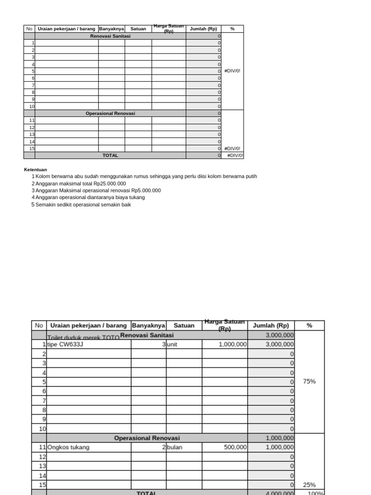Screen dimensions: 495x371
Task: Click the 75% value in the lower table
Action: tap(309, 381)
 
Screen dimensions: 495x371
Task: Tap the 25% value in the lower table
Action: tap(309, 485)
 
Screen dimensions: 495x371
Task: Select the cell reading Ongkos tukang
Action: tap(69, 448)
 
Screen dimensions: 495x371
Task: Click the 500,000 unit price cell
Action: tap(235, 448)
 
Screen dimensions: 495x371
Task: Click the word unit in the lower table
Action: tap(173, 345)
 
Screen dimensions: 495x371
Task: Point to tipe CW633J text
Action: tap(65, 345)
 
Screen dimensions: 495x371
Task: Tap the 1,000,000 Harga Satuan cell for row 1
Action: tap(232, 345)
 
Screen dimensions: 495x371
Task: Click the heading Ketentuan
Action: tap(35, 170)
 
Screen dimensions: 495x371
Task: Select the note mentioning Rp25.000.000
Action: tap(81, 184)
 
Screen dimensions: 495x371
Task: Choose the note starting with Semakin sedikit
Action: tap(83, 204)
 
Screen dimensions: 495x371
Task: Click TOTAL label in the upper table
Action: tap(110, 156)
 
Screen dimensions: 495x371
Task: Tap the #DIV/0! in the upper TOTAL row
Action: tap(235, 156)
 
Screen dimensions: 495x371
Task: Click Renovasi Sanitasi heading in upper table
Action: tap(110, 36)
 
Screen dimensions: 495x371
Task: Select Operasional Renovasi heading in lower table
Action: tap(147, 438)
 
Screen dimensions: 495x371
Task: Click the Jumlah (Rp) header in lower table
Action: tap(271, 325)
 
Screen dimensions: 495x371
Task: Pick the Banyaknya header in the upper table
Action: tap(112, 29)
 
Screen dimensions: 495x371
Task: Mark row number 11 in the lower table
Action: tap(43, 448)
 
